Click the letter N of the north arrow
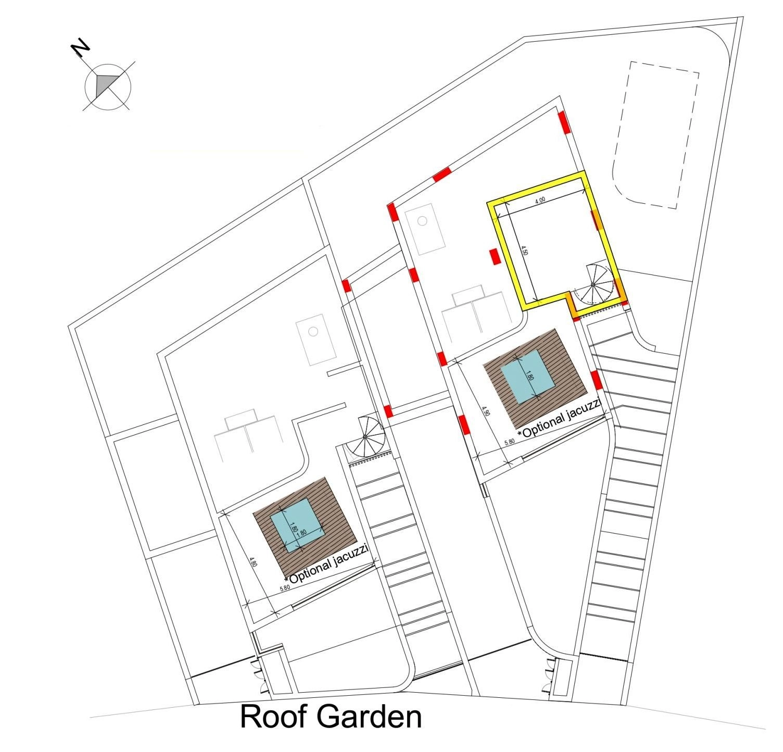pyautogui.click(x=81, y=48)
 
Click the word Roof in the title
pyautogui.click(x=273, y=717)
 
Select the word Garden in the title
pyautogui.click(x=369, y=717)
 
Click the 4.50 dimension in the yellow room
pyautogui.click(x=525, y=249)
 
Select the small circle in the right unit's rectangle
pyautogui.click(x=423, y=221)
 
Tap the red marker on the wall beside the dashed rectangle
pyautogui.click(x=564, y=122)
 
